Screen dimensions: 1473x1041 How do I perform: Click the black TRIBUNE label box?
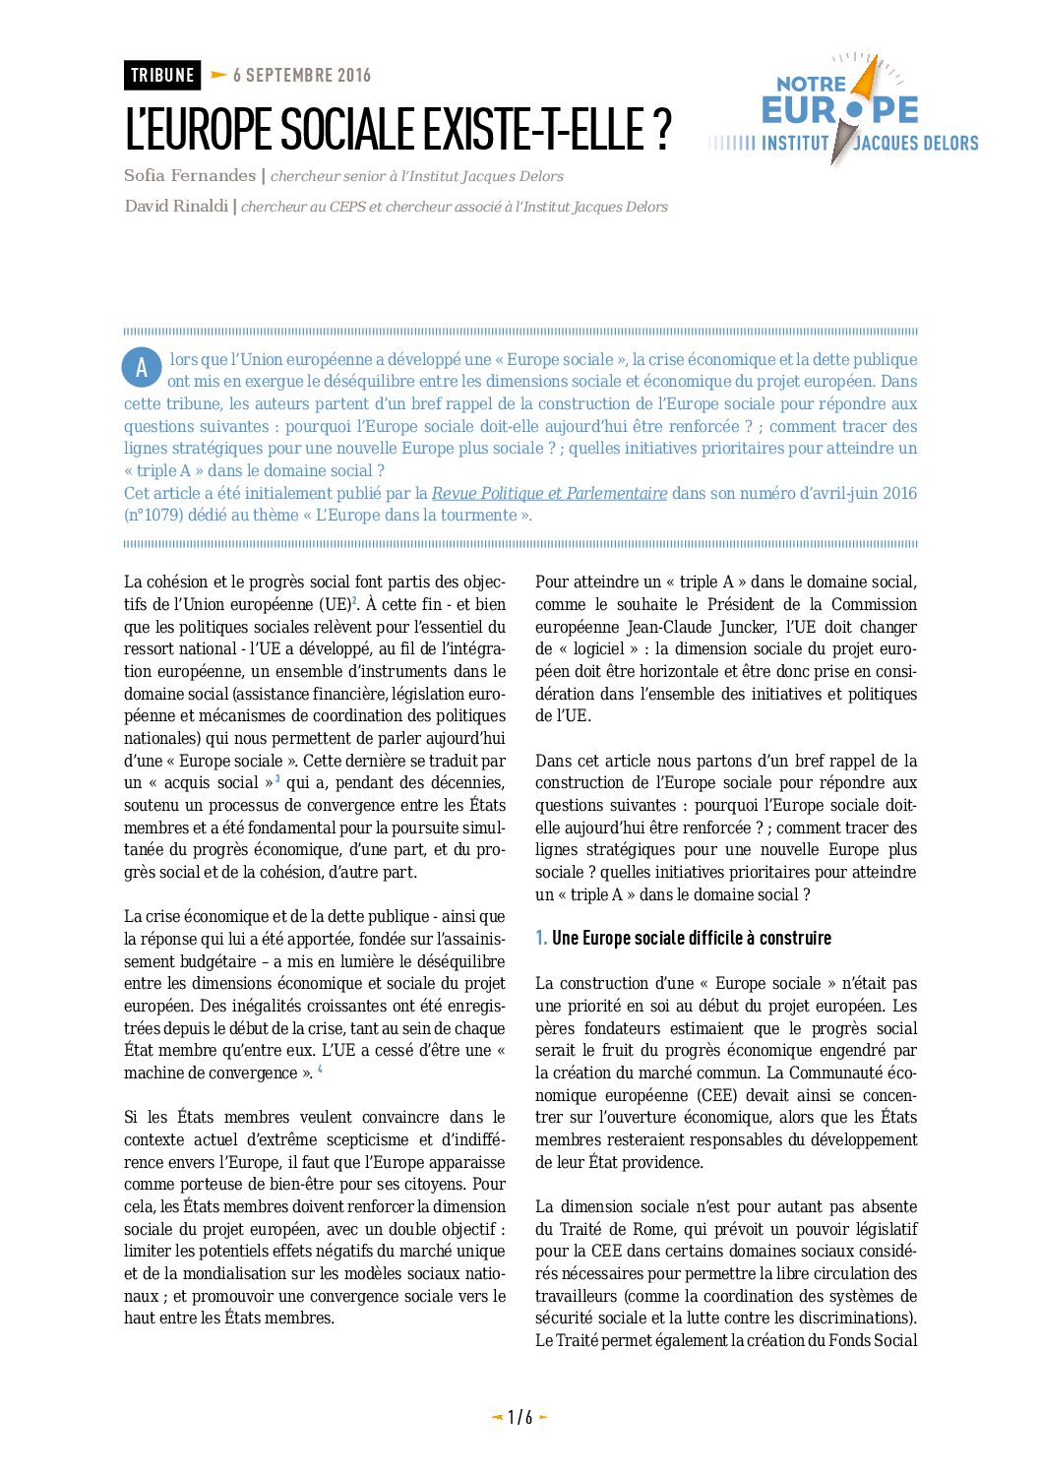point(162,75)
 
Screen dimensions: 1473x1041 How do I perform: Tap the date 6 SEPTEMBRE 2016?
point(302,75)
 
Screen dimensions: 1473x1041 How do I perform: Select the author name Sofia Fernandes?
point(190,175)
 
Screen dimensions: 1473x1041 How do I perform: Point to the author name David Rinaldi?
point(176,206)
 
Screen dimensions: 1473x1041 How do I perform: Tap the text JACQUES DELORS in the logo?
point(916,144)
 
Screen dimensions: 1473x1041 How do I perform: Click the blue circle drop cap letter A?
point(142,368)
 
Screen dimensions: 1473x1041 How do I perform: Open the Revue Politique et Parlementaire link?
point(549,493)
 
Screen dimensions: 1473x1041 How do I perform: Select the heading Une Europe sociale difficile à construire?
point(691,938)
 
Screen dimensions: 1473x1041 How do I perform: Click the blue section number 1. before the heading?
point(541,938)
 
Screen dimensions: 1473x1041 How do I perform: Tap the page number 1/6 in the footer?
point(520,1417)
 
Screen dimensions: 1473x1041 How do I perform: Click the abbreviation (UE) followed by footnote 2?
point(334,604)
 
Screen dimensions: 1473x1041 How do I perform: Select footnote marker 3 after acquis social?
point(277,778)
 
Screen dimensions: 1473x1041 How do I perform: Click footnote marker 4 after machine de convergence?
point(320,1069)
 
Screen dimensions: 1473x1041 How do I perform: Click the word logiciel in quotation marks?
point(599,648)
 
